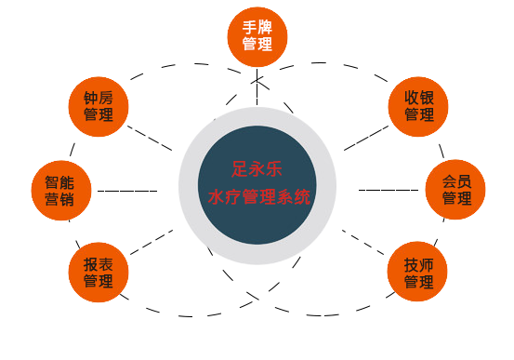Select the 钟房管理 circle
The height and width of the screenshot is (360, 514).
coord(99,107)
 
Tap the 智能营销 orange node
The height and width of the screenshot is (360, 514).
coord(60,191)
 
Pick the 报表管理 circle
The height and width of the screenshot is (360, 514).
coord(99,272)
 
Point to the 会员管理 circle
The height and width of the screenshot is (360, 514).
coord(455,190)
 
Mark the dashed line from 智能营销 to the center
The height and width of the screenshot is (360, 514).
coord(127,191)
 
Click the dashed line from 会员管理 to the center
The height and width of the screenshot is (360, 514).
coord(389,190)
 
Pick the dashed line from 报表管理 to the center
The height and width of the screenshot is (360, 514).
coord(149,243)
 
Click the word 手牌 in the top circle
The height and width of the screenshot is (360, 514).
coord(257,28)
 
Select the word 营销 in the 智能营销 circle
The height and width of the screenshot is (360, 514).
coord(60,200)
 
